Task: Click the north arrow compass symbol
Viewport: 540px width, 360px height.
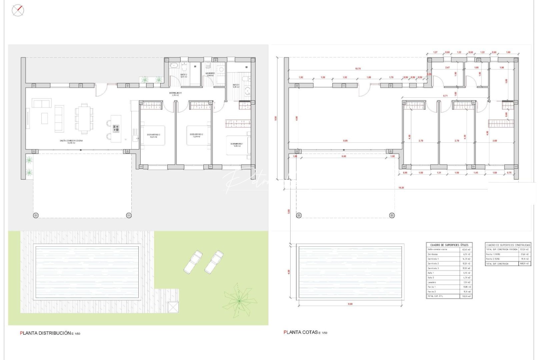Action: pyautogui.click(x=18, y=10)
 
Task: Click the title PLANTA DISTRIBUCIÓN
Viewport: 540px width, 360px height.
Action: pyautogui.click(x=46, y=333)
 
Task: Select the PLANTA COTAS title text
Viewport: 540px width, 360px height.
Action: pyautogui.click(x=301, y=332)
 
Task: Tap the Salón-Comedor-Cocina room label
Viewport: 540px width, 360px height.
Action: pyautogui.click(x=71, y=141)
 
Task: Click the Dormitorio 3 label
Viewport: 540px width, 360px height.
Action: pyautogui.click(x=154, y=135)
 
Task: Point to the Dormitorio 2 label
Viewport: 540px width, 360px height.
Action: pyautogui.click(x=196, y=135)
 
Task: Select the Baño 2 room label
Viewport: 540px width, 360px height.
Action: pyautogui.click(x=184, y=75)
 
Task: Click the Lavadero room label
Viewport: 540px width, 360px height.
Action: pyautogui.click(x=210, y=74)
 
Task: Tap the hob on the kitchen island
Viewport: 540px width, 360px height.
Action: pyautogui.click(x=116, y=128)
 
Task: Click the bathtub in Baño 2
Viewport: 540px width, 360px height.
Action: pyautogui.click(x=174, y=65)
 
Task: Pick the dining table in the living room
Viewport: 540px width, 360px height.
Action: pyautogui.click(x=84, y=118)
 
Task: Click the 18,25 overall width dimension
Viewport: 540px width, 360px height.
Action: pyautogui.click(x=401, y=188)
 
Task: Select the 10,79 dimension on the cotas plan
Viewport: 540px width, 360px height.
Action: pyautogui.click(x=358, y=69)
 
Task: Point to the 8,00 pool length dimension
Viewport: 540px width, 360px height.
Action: pyautogui.click(x=350, y=304)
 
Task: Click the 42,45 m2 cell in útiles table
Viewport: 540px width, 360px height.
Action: pyautogui.click(x=466, y=249)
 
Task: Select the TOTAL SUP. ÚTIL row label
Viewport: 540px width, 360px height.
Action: pyautogui.click(x=435, y=296)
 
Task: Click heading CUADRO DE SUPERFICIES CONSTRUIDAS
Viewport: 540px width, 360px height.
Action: pyautogui.click(x=508, y=245)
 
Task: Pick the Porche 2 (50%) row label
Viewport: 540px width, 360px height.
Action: pyautogui.click(x=494, y=259)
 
